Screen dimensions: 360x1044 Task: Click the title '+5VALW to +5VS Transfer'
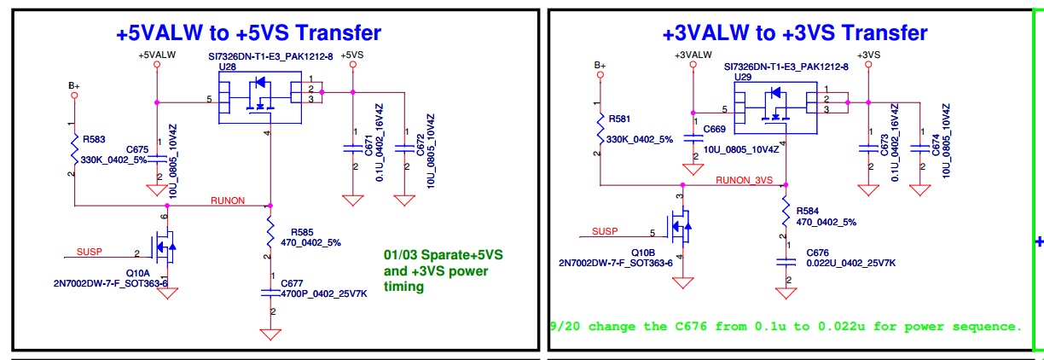(x=248, y=33)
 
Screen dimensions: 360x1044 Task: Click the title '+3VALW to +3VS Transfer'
(x=794, y=33)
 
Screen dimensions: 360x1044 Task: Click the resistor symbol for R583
(x=74, y=148)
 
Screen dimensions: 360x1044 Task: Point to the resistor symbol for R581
(x=600, y=129)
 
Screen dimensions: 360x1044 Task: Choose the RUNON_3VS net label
(x=744, y=180)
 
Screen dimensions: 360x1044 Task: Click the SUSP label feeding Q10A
(x=90, y=252)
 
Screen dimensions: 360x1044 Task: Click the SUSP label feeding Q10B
(x=605, y=231)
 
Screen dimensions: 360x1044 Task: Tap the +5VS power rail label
(x=351, y=55)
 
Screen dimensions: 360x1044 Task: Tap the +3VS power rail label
(x=868, y=55)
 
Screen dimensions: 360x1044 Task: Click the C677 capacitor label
(x=293, y=283)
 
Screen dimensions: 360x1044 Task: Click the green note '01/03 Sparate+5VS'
(x=442, y=254)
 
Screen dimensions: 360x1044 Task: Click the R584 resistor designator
(x=807, y=211)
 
